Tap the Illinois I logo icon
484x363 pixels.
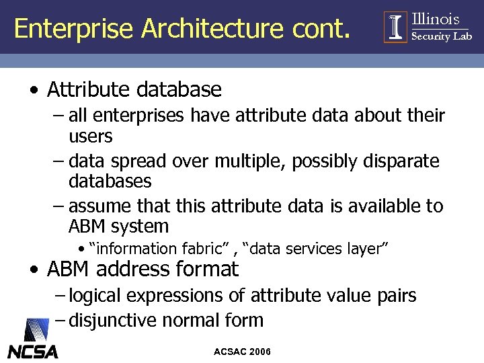pyautogui.click(x=395, y=27)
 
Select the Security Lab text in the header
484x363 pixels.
pyautogui.click(x=442, y=36)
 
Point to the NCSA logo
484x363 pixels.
pyautogui.click(x=32, y=340)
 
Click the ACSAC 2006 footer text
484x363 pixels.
pyautogui.click(x=242, y=352)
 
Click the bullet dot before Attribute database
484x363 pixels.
pyautogui.click(x=34, y=89)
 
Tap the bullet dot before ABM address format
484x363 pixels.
pyautogui.click(x=34, y=270)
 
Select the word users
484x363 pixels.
pyautogui.click(x=90, y=137)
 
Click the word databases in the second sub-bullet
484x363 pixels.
pyautogui.click(x=110, y=182)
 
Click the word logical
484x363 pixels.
pyautogui.click(x=96, y=296)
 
